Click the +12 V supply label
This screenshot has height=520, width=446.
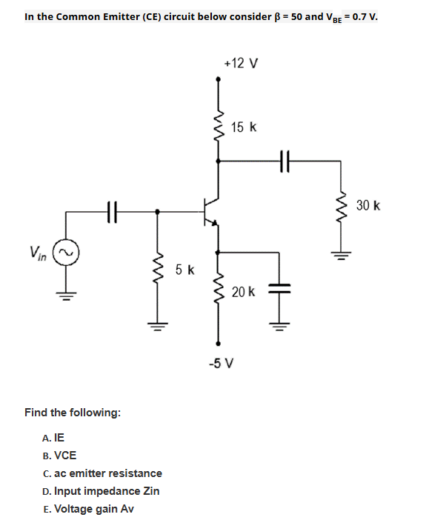(240, 63)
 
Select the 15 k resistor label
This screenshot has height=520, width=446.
(244, 127)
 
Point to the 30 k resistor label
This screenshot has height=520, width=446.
(367, 204)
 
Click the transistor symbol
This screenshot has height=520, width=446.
(212, 211)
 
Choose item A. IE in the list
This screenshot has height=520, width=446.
(54, 437)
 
